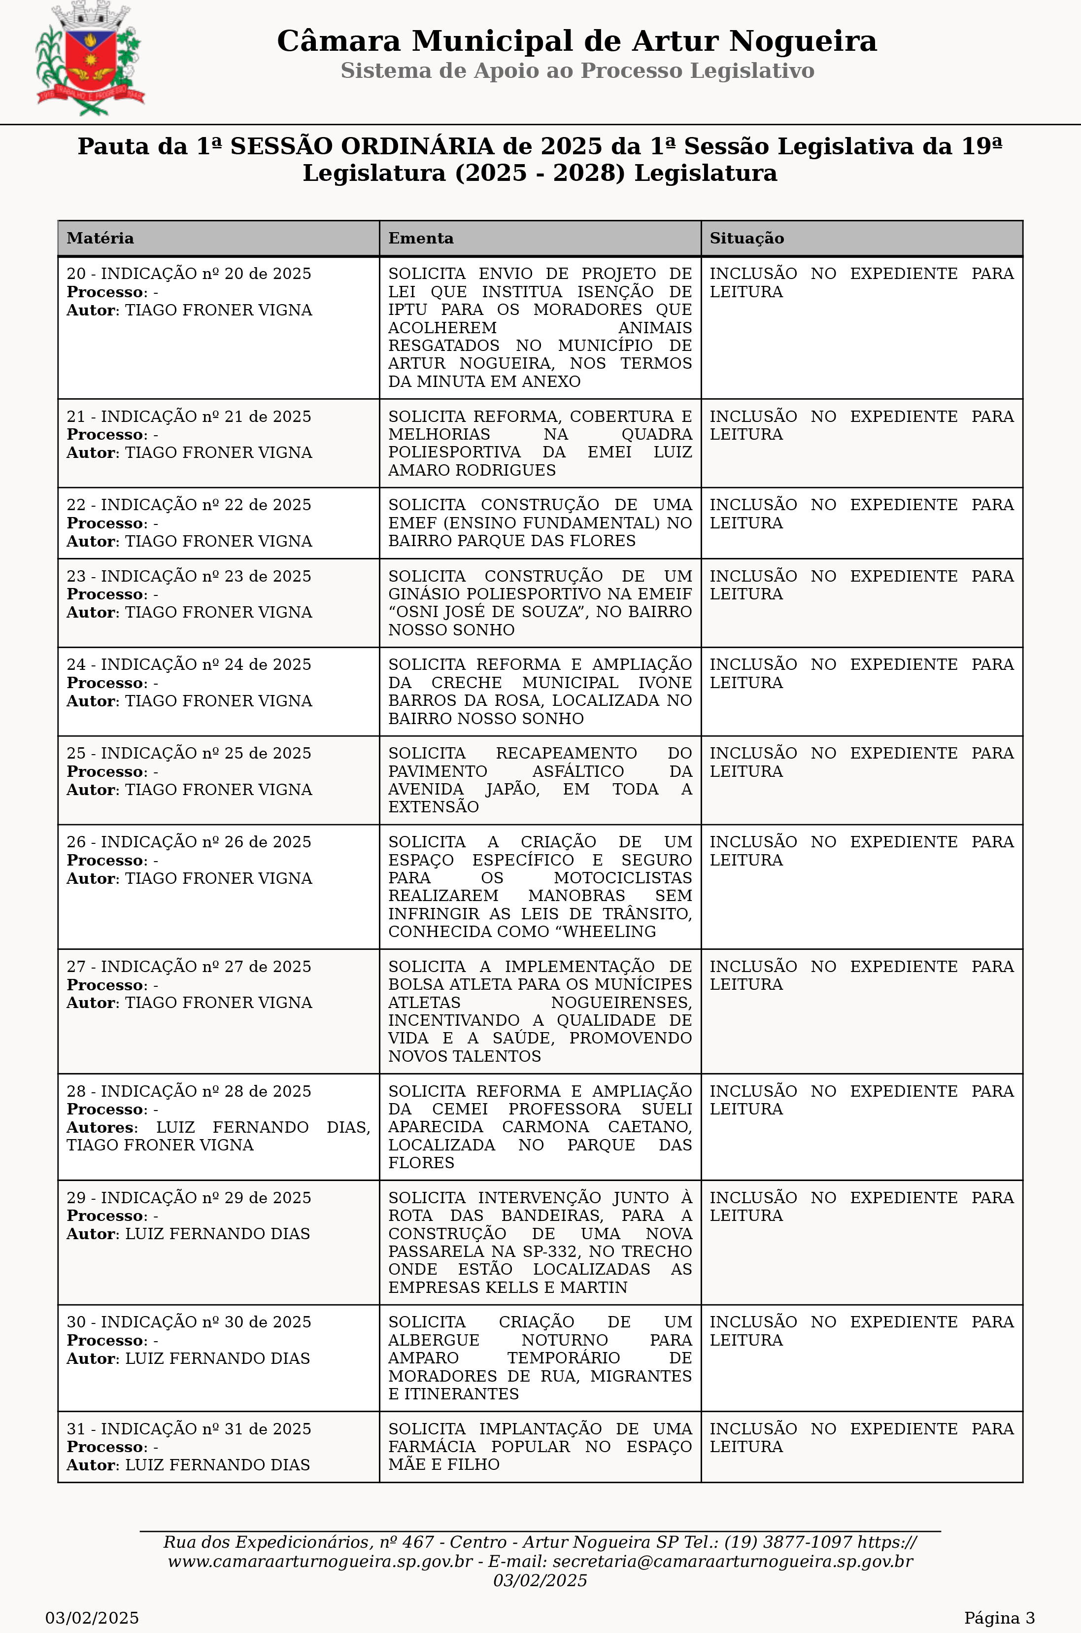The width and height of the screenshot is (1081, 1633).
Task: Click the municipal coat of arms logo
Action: coord(90,59)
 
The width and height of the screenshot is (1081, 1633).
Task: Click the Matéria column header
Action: coord(100,239)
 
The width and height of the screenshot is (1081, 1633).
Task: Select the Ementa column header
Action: coord(421,239)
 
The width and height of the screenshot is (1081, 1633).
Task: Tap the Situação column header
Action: coord(746,239)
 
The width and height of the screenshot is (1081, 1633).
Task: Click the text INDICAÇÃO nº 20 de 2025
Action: coord(205,274)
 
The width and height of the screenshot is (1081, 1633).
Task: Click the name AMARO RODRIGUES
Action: coord(472,470)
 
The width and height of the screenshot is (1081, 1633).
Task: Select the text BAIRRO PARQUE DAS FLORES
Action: coord(511,541)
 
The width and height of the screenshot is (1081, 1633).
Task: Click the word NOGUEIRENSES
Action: coord(620,1002)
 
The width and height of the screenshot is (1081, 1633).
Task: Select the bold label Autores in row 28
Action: coord(101,1127)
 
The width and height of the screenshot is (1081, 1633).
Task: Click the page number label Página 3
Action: coord(999,1618)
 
